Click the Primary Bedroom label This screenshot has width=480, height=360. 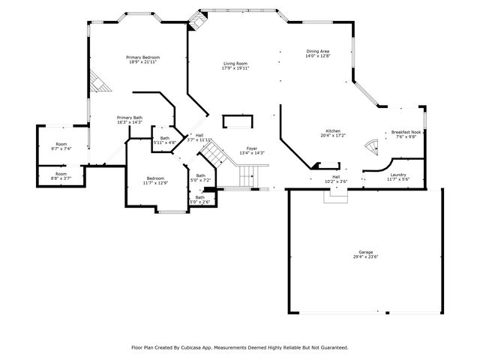click(x=142, y=57)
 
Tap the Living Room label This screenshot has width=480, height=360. click(x=235, y=64)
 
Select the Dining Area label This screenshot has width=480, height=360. click(x=317, y=51)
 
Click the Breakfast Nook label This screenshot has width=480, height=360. click(x=405, y=132)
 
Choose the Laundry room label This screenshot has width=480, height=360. click(x=397, y=174)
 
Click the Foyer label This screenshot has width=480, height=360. click(x=252, y=148)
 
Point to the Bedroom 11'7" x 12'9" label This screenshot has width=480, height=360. click(x=155, y=178)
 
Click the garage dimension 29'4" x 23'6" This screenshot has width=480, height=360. click(x=366, y=256)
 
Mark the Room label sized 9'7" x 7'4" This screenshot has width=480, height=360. click(x=61, y=144)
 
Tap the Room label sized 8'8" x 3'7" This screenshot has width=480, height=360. click(x=61, y=174)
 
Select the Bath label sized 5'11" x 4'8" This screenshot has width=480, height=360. click(x=165, y=138)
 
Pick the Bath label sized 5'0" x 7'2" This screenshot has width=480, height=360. click(x=200, y=175)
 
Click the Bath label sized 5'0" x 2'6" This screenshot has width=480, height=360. click(x=200, y=197)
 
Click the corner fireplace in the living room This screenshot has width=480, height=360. click(x=196, y=23)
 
